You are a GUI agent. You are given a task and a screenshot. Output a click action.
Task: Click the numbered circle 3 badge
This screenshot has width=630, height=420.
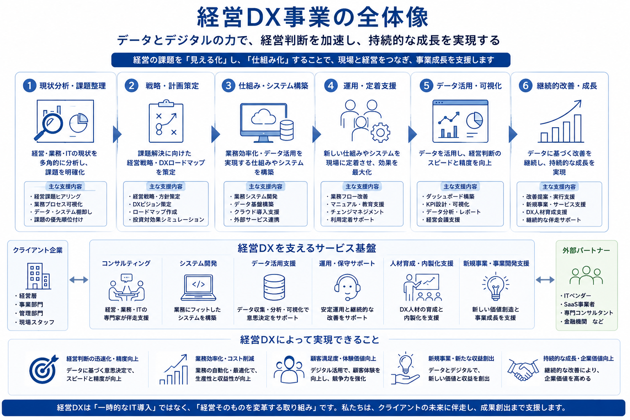(x=228, y=86)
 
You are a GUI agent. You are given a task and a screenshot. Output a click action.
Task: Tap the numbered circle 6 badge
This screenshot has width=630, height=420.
(x=525, y=86)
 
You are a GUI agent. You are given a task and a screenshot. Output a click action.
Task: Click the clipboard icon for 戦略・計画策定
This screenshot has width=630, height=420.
(x=166, y=121)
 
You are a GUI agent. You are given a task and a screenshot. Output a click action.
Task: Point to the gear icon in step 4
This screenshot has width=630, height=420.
(x=380, y=132)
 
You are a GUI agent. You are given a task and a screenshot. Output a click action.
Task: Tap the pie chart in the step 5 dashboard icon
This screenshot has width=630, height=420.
(x=475, y=120)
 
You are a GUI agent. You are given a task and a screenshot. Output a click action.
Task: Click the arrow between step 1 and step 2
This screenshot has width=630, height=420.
(x=117, y=134)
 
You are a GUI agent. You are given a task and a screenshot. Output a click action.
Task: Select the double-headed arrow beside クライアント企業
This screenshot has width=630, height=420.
(x=79, y=280)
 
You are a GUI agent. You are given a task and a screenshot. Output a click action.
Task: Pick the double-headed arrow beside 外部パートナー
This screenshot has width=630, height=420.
(x=545, y=280)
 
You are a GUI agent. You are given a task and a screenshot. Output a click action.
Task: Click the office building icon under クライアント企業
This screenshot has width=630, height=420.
(x=38, y=276)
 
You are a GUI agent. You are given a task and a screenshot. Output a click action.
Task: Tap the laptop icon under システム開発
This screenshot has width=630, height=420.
(x=198, y=288)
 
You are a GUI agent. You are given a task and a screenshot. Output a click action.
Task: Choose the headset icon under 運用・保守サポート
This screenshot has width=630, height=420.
(x=347, y=287)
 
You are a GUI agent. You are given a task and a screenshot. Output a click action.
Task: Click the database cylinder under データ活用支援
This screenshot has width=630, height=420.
(x=274, y=287)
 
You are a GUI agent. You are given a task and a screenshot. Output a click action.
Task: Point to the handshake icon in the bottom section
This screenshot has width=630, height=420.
(x=523, y=370)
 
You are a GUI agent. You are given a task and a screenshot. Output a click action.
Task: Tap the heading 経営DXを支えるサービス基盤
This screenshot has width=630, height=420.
(x=307, y=248)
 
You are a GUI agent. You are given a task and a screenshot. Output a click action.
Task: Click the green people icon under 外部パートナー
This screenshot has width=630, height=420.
(x=586, y=275)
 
